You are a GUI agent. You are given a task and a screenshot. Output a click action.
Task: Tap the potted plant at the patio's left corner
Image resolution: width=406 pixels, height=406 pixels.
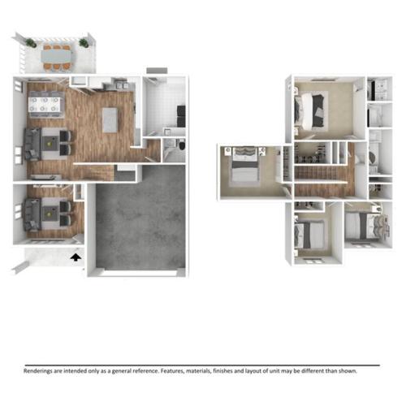tap(30, 42)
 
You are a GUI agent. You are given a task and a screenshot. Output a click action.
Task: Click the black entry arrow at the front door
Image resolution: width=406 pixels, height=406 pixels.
tap(76, 257)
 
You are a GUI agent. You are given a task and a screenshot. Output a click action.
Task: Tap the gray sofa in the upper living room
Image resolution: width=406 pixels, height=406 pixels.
tap(32, 145)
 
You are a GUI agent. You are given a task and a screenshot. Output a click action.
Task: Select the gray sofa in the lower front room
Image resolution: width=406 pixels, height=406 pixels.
tap(32, 214)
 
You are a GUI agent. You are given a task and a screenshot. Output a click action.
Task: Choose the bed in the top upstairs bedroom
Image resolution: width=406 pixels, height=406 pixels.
tap(311, 105)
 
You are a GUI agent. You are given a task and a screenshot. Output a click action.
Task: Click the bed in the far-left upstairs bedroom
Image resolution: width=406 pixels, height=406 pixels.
tap(244, 166)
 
